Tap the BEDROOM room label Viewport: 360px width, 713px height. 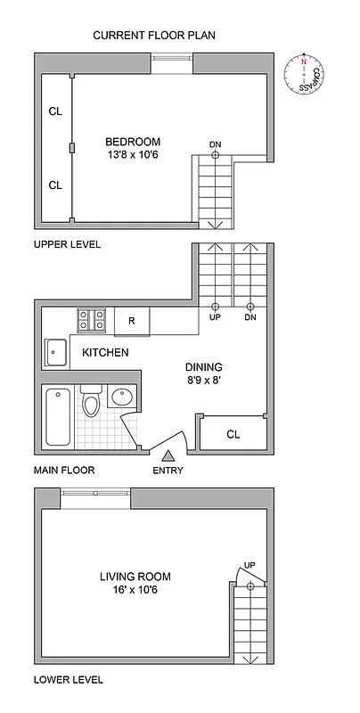coord(133,141)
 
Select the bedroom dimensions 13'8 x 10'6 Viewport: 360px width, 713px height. coord(133,155)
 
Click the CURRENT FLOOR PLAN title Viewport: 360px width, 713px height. coord(155,36)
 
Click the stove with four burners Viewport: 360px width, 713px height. coord(93,320)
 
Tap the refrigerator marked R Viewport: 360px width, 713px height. coord(131,321)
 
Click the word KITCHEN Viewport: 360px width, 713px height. coord(105,353)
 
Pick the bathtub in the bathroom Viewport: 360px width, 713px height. coord(58,418)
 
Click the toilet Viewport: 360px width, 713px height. coord(91,404)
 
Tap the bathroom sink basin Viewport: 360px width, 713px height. coord(122,396)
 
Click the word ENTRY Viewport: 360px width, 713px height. coord(168,471)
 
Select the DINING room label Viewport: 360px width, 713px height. coord(203,366)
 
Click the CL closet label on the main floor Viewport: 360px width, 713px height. coord(233,435)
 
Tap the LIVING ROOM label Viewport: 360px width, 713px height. coord(135,577)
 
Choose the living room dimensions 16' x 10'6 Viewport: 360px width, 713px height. coord(135,591)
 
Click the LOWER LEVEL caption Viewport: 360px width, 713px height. coord(68,679)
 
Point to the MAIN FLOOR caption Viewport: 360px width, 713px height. coord(64,470)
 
